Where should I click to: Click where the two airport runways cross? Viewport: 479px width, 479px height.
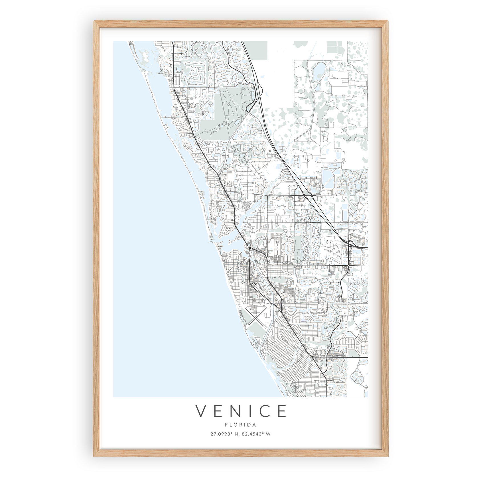[255, 316]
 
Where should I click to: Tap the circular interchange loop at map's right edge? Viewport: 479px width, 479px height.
[350, 243]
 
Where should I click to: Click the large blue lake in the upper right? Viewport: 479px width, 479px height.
[319, 69]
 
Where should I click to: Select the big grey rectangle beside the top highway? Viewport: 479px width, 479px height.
[256, 50]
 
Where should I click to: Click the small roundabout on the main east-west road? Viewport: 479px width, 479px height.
[348, 266]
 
